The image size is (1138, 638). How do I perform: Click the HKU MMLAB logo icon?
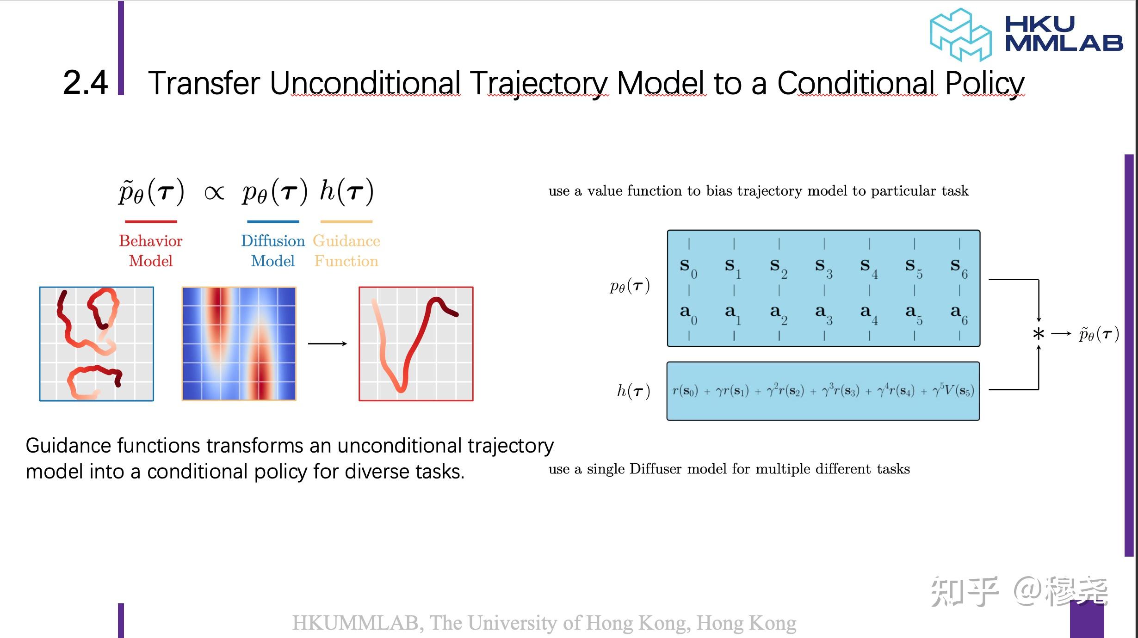click(960, 35)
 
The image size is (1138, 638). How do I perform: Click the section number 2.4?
click(85, 83)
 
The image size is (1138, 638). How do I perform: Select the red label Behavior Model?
click(151, 251)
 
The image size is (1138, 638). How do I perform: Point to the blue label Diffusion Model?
click(273, 251)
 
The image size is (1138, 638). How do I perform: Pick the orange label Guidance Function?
click(346, 251)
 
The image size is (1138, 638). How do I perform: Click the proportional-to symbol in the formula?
click(214, 192)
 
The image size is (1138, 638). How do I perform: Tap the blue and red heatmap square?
click(239, 344)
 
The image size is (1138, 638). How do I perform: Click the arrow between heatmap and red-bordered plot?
click(328, 344)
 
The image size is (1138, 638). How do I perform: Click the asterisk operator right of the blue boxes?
click(1039, 334)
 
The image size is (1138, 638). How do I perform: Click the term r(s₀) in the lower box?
click(685, 391)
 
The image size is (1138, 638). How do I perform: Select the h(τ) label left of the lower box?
click(634, 391)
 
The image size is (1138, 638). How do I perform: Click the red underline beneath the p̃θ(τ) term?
click(151, 221)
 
